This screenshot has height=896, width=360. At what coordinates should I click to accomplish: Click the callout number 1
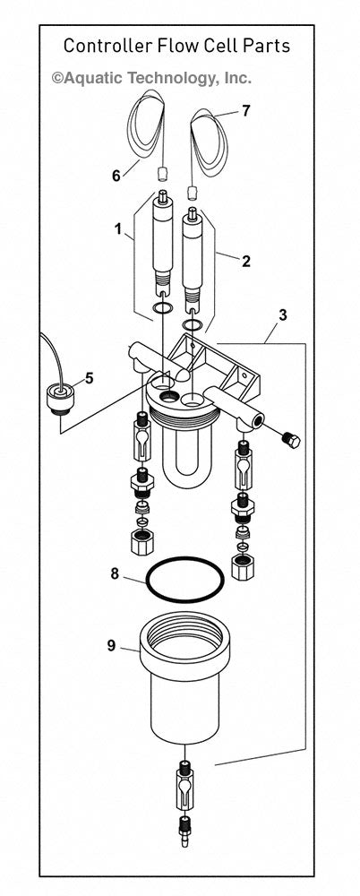(x=117, y=229)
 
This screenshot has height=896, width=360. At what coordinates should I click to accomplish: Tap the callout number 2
(x=245, y=262)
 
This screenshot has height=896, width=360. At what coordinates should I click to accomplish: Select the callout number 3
(x=283, y=314)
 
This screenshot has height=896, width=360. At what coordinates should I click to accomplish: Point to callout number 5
(x=88, y=378)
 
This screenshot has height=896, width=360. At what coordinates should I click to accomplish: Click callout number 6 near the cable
(x=116, y=176)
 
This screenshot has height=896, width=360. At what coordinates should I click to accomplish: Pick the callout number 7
(x=246, y=111)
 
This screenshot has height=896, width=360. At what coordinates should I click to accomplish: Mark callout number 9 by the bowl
(x=111, y=644)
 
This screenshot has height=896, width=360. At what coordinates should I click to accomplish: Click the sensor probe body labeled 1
(x=163, y=242)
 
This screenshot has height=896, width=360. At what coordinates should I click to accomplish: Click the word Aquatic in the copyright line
(x=92, y=79)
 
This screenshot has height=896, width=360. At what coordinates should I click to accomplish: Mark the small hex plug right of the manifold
(x=290, y=442)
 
